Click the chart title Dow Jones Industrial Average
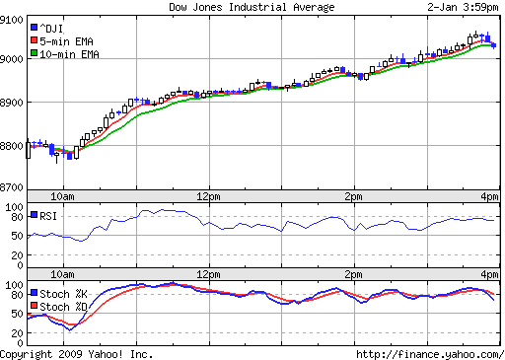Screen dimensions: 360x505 [x=252, y=7]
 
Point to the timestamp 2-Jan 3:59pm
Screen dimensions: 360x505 [x=463, y=7]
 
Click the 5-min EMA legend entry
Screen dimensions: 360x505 [x=62, y=40]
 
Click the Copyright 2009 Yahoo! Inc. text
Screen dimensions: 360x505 [x=77, y=353]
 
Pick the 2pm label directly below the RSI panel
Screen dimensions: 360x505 [x=354, y=273]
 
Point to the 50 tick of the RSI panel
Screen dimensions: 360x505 [x=17, y=236]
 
